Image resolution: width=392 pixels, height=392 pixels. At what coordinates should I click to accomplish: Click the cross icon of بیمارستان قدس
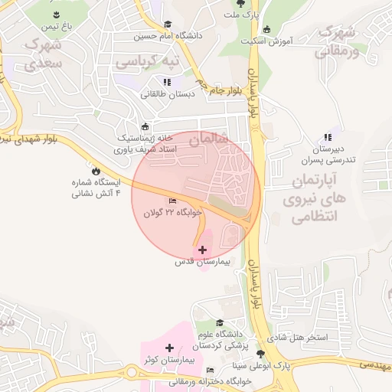point(203,250)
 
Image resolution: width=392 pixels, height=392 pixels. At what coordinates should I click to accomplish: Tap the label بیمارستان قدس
point(202,262)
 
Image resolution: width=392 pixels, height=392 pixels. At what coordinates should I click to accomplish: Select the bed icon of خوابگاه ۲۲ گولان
point(171,201)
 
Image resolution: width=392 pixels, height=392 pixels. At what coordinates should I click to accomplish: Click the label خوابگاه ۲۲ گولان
point(173,211)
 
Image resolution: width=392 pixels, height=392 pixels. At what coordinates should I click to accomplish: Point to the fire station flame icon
point(96,171)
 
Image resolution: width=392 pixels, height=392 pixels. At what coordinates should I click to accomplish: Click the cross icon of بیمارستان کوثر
point(169,348)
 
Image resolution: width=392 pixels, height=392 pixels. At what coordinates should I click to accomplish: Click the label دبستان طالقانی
point(167,94)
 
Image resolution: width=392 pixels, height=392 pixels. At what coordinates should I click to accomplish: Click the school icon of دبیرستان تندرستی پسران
point(328,136)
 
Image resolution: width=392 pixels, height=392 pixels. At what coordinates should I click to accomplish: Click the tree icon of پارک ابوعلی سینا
point(262,354)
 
